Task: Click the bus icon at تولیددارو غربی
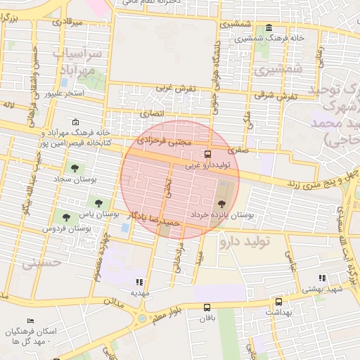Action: click(207, 155)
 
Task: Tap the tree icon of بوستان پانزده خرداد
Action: click(223, 202)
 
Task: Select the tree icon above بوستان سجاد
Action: click(75, 167)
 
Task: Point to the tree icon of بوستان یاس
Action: click(98, 203)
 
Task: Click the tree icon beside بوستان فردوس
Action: click(66, 217)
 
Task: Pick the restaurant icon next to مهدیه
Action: click(138, 281)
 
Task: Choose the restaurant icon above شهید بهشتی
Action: click(322, 278)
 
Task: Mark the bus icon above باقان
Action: click(207, 307)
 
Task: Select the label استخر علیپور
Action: click(65, 92)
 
